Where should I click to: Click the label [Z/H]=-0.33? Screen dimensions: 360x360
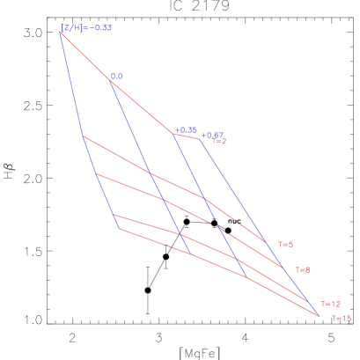(x=86, y=28)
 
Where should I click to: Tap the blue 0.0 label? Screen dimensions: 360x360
(x=116, y=77)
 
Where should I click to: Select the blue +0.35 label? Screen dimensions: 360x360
(x=185, y=129)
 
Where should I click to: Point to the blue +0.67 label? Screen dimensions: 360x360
(x=211, y=136)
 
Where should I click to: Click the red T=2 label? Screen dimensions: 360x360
(x=219, y=142)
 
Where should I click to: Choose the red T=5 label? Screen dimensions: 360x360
(x=285, y=245)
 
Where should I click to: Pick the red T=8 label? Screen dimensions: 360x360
(x=302, y=270)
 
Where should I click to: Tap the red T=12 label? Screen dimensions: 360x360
(x=330, y=304)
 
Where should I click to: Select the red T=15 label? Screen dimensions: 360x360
(x=341, y=319)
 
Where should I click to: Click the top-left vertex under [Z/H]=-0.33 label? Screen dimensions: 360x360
(x=60, y=32)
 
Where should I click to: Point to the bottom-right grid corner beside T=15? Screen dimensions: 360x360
(x=319, y=315)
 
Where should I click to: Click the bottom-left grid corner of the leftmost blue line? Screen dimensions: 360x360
(x=119, y=229)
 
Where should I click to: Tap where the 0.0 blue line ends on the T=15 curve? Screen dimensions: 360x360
(x=191, y=254)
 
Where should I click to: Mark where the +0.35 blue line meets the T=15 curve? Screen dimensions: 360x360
(x=248, y=278)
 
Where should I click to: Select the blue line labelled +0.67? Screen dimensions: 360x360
(x=255, y=220)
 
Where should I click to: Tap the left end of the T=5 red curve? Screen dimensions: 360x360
(x=83, y=136)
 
